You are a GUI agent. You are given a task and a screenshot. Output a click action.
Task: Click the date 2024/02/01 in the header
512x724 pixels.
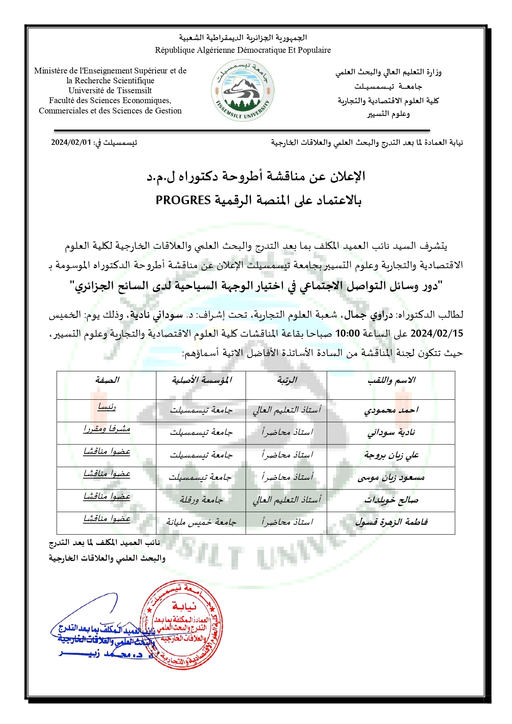tap(71, 143)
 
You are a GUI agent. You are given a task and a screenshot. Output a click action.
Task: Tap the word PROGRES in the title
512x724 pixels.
tap(183, 200)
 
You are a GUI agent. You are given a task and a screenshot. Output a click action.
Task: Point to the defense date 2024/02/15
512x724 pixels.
tap(437, 333)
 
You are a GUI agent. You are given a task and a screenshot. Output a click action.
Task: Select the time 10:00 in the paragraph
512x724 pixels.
tap(347, 333)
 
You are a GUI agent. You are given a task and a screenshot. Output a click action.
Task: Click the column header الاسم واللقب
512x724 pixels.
tap(391, 380)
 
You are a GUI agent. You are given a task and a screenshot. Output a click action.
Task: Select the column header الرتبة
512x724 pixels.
tap(287, 380)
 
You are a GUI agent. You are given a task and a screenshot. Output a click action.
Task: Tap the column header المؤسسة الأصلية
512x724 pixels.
tap(201, 380)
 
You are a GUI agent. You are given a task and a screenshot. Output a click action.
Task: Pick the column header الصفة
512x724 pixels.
tap(107, 380)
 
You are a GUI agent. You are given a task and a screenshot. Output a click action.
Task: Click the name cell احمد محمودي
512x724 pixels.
tap(391, 410)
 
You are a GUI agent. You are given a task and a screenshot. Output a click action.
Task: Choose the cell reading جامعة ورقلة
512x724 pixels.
tap(201, 500)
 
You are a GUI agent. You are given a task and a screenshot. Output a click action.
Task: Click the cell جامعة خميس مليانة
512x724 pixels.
tap(201, 523)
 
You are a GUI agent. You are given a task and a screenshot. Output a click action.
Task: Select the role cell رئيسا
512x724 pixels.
tap(107, 407)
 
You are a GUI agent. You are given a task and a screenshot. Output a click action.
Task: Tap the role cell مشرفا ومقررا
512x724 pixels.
tap(107, 429)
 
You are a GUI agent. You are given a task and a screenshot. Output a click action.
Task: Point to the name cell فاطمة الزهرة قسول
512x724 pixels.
tap(391, 523)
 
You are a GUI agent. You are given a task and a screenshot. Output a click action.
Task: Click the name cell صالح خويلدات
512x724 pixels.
tap(391, 500)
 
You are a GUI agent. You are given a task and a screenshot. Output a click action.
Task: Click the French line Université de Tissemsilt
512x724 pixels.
tap(110, 91)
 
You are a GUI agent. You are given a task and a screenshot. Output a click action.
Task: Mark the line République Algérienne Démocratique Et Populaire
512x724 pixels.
tap(243, 50)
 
